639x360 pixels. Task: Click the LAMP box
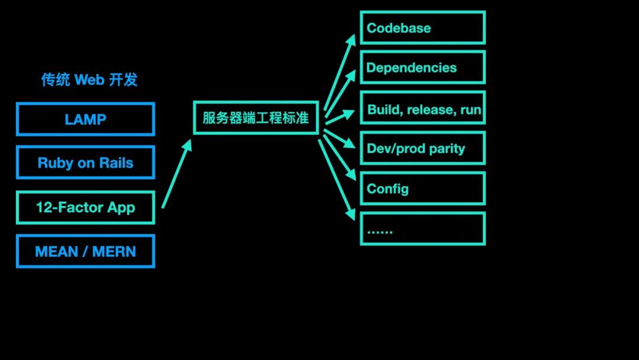[x=85, y=119]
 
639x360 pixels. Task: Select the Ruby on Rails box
[x=85, y=162]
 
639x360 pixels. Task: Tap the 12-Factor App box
[x=85, y=207]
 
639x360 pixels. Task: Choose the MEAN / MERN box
[x=85, y=251]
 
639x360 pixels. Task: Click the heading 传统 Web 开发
[x=89, y=79]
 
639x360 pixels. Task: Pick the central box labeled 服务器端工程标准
[x=256, y=117]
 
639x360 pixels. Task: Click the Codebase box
[x=422, y=28]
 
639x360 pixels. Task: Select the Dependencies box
[x=422, y=67]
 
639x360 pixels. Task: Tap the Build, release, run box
[x=422, y=109]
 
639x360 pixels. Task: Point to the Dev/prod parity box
[x=422, y=149]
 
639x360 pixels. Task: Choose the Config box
[x=422, y=189]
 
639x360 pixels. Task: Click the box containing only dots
[x=422, y=229]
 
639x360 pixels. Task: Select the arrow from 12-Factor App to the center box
[x=177, y=174]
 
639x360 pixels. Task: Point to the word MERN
[x=114, y=252]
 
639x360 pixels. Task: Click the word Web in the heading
[x=89, y=79]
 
